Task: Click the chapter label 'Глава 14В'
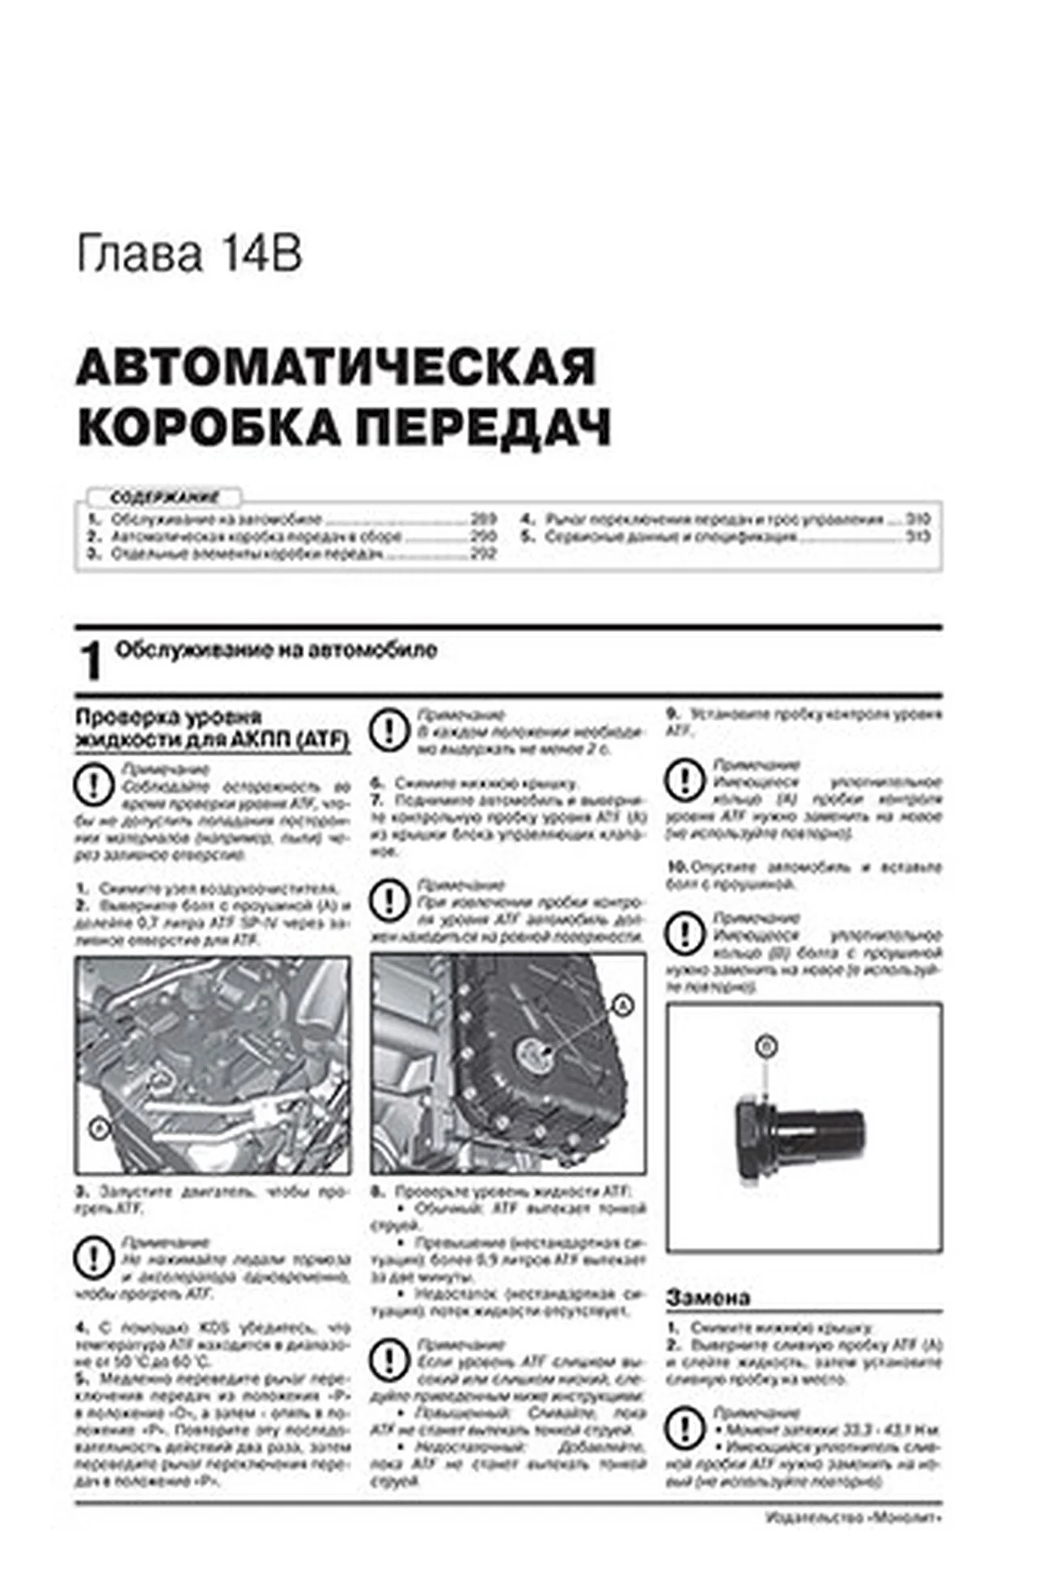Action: [x=189, y=255]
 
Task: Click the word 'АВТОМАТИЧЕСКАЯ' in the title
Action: [x=336, y=367]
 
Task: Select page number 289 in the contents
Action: [x=483, y=519]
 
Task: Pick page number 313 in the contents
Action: [x=918, y=536]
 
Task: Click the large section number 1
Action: [x=92, y=661]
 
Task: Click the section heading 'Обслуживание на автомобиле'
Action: [x=276, y=650]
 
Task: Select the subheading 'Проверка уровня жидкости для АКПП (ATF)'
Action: [x=211, y=729]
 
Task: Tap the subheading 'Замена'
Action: [x=708, y=1298]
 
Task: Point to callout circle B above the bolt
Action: [x=765, y=1047]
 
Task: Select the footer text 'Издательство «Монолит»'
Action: [x=853, y=1518]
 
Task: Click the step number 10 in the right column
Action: [x=677, y=866]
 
